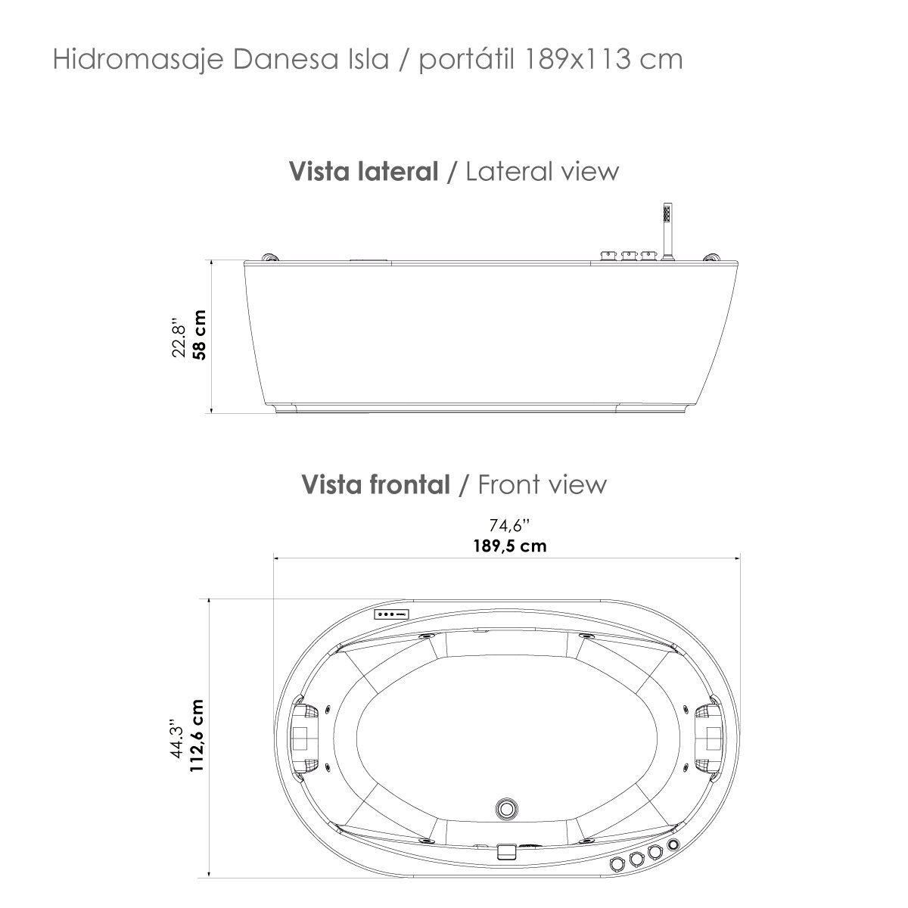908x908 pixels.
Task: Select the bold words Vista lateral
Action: click(x=364, y=172)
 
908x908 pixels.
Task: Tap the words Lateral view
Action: click(x=542, y=172)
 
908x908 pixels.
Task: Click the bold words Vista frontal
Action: click(x=375, y=484)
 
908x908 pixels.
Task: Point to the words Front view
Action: click(x=542, y=484)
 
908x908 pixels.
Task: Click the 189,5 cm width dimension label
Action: click(x=506, y=546)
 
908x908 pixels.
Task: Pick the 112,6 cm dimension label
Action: click(x=198, y=735)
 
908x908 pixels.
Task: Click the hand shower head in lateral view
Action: click(x=667, y=213)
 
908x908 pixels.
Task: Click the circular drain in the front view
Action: click(x=505, y=808)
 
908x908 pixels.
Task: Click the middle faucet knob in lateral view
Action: click(x=627, y=256)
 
